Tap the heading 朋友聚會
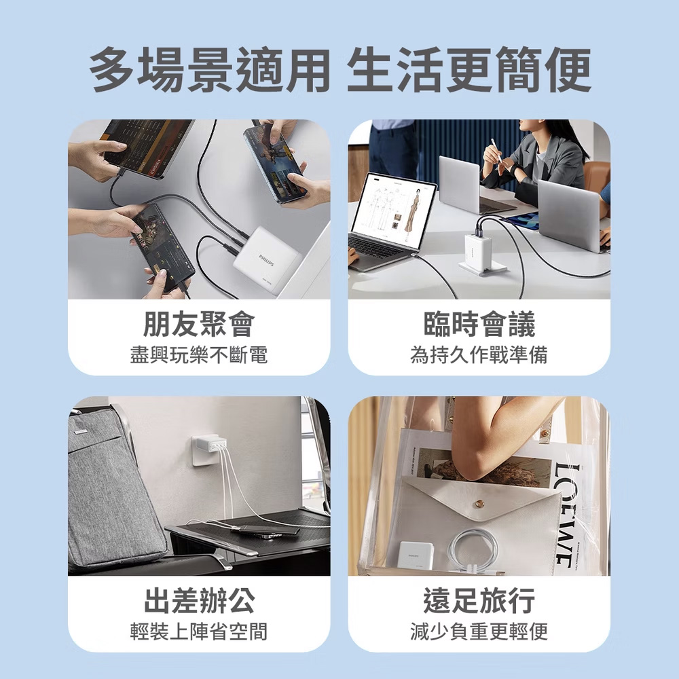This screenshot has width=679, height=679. click(199, 324)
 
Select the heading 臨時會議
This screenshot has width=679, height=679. click(479, 324)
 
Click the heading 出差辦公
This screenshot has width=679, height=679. click(199, 601)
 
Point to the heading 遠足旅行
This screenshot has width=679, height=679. click(479, 601)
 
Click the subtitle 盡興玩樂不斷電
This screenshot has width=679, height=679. click(199, 355)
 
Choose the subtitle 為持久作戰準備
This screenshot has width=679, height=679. click(479, 355)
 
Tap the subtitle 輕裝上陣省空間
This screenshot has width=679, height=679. click(199, 631)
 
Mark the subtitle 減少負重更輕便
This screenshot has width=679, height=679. click(479, 631)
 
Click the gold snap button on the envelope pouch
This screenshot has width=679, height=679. click(480, 503)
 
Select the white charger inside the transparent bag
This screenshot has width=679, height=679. click(416, 555)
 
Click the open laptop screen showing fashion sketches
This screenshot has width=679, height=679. click(392, 211)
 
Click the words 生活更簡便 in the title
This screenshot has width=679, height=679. click(469, 70)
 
